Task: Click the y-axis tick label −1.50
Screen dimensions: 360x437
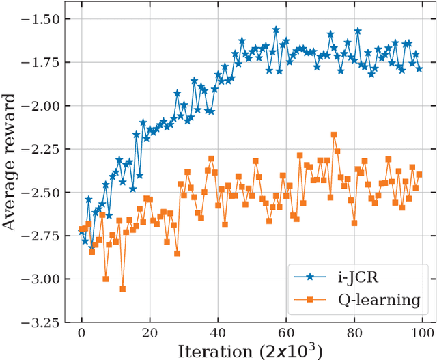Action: pos(44,19)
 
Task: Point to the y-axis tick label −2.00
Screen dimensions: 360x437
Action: pos(44,106)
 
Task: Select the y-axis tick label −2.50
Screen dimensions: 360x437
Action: pos(44,193)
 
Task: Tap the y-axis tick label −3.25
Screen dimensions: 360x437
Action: pos(44,322)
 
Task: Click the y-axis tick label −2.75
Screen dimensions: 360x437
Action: pos(44,236)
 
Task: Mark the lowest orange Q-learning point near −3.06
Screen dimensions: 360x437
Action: pos(123,289)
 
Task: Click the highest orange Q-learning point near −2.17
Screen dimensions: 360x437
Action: pos(334,135)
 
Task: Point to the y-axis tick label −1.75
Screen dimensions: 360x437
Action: pos(44,63)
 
